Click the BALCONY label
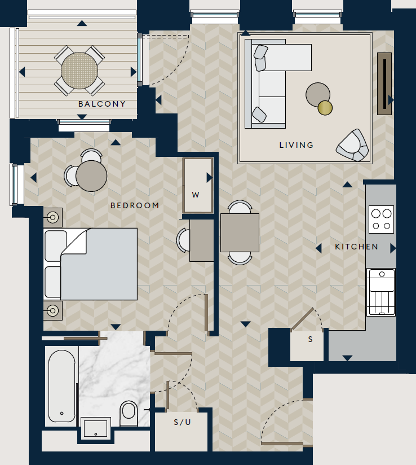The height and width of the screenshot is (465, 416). [x=101, y=104]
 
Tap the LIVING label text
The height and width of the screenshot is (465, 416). [x=296, y=145]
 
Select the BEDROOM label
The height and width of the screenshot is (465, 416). [x=135, y=206]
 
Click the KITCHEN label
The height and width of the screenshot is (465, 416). [x=356, y=247]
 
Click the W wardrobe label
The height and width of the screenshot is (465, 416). [x=196, y=195]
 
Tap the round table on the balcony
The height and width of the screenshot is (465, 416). [x=79, y=70]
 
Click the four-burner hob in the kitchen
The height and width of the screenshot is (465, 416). [x=381, y=220]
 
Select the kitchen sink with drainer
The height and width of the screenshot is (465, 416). [x=381, y=292]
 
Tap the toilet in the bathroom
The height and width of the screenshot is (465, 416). [x=129, y=413]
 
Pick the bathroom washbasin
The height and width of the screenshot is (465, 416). [x=96, y=428]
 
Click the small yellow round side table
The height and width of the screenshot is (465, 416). [x=325, y=107]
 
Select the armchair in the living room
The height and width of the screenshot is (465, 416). [x=352, y=146]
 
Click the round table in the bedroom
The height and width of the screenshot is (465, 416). [x=91, y=176]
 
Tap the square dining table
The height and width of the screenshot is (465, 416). [x=240, y=232]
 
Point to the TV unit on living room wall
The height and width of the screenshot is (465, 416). [x=384, y=84]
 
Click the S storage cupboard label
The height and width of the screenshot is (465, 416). [x=309, y=339]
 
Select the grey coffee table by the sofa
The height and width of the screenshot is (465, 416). [x=317, y=94]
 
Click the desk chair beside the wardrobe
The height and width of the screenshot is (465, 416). [x=184, y=240]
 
